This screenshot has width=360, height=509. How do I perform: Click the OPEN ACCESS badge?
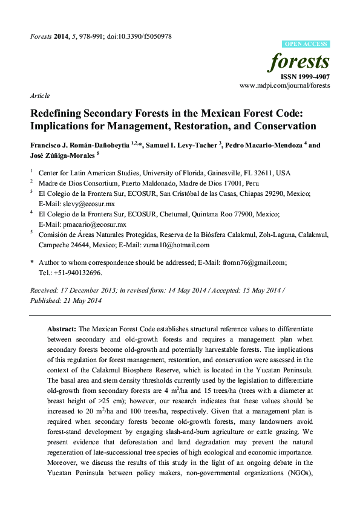[x=306, y=44]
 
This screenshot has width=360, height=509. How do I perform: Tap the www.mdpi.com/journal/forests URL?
[x=285, y=86]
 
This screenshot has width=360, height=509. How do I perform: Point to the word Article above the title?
[x=39, y=96]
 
